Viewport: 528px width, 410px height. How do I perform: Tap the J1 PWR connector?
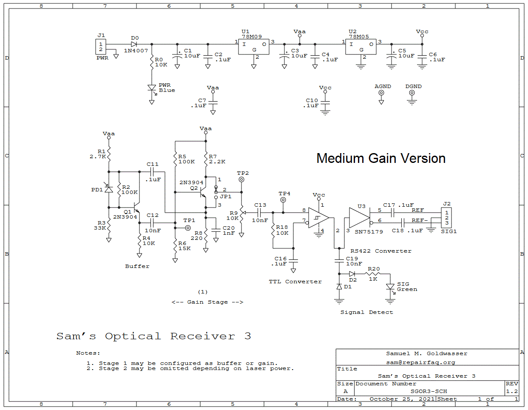[x=101, y=47]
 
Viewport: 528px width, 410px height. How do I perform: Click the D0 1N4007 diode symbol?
[x=134, y=44]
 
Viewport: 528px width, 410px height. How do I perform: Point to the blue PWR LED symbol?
[x=152, y=88]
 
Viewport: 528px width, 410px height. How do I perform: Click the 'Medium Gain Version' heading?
[x=381, y=158]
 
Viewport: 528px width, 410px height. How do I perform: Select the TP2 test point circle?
[x=241, y=179]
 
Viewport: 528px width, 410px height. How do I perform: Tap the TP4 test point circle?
[x=283, y=200]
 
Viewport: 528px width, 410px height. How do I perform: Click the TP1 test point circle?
[x=188, y=228]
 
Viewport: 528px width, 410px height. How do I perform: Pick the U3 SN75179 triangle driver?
[x=359, y=218]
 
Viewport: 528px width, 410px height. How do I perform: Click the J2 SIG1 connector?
[x=446, y=218]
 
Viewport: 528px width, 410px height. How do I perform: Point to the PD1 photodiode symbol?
[x=109, y=189]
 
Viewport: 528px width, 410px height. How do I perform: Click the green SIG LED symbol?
[x=390, y=287]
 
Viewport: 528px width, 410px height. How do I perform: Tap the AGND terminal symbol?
[x=381, y=93]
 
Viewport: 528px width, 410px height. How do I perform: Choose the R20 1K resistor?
[x=373, y=274]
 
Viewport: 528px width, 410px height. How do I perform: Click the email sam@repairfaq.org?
[x=420, y=362]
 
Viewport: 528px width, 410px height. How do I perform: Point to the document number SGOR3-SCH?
[x=429, y=391]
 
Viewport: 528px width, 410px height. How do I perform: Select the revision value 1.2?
[x=512, y=391]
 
